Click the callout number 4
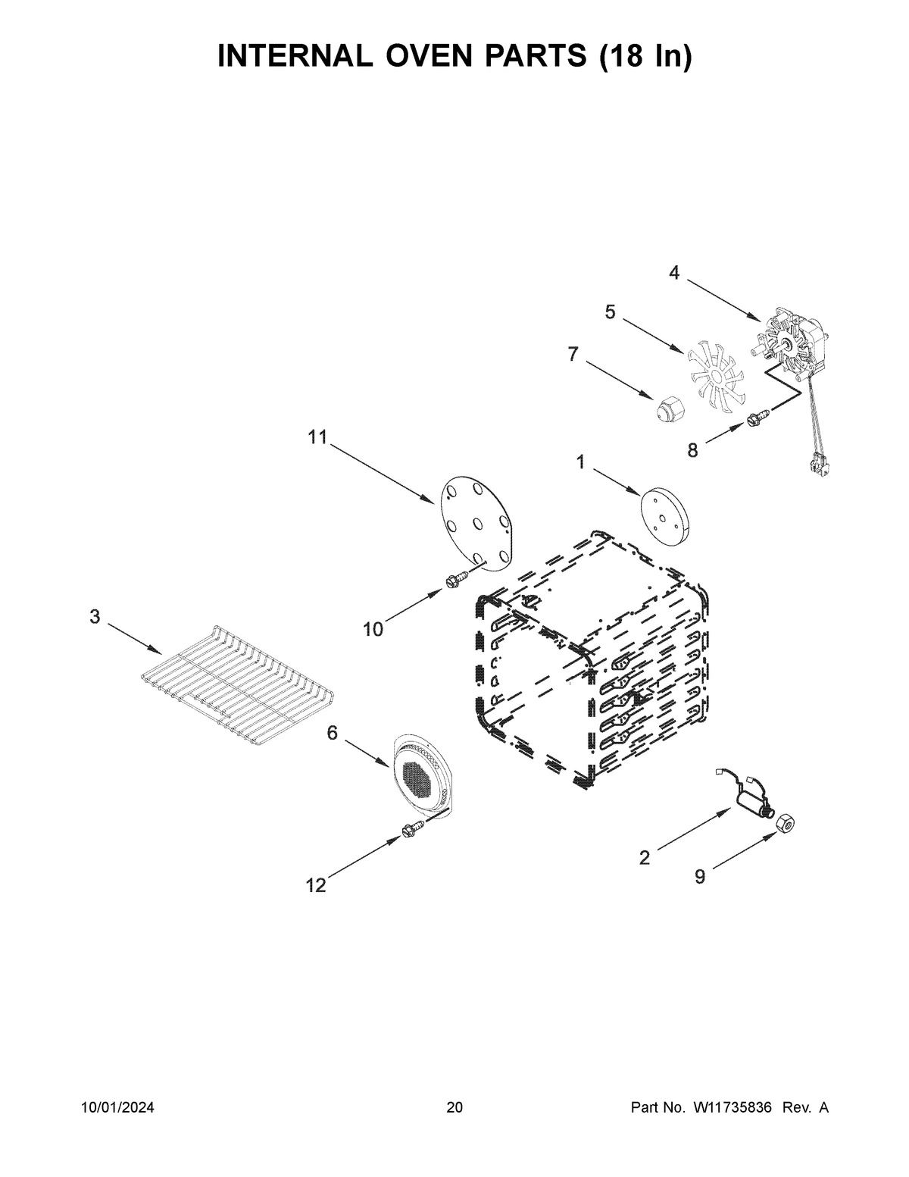click(674, 274)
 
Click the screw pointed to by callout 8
click(758, 417)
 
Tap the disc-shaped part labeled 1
click(667, 518)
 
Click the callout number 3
click(95, 617)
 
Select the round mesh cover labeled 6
click(420, 775)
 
